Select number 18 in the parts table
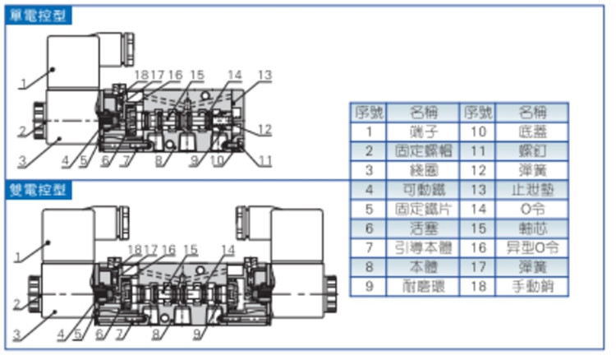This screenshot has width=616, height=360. tap(477, 287)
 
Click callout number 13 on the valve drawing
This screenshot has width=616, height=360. tap(264, 75)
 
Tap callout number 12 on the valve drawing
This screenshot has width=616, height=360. tap(264, 129)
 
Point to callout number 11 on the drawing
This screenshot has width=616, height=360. tap(264, 159)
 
